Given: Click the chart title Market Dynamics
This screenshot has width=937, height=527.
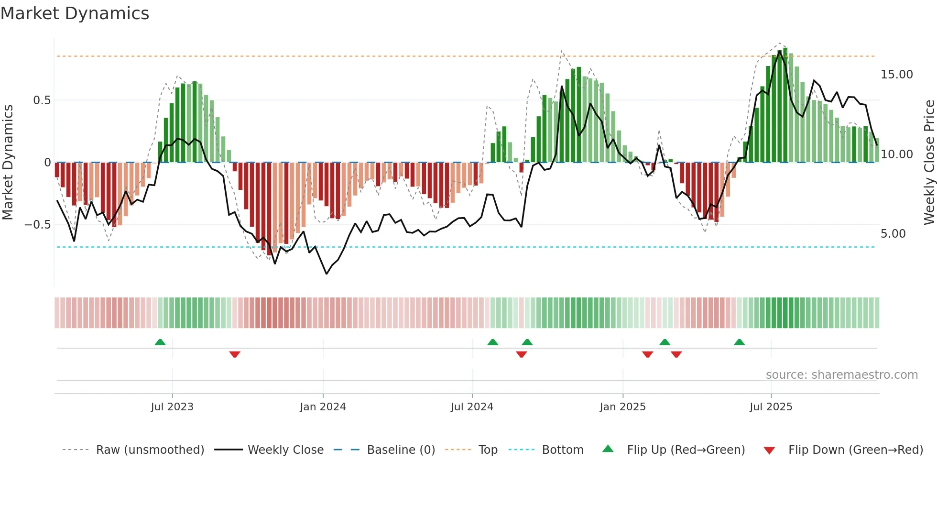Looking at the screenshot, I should tap(75, 13).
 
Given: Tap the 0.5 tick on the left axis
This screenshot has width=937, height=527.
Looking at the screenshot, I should tap(42, 100).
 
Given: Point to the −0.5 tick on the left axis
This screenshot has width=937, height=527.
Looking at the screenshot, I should tap(38, 225).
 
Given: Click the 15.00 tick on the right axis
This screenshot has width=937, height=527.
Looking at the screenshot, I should tap(896, 75).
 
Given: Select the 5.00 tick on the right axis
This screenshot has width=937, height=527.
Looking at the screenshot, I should tap(893, 234).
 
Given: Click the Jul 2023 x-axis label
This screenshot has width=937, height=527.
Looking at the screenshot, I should tap(172, 407).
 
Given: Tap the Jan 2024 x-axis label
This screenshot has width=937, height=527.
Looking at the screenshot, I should tap(323, 407).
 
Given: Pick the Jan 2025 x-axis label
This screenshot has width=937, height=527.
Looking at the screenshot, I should tap(622, 407).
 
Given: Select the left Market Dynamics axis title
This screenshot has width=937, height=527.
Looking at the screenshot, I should tap(8, 163).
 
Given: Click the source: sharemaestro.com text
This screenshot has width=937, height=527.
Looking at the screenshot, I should tap(841, 375).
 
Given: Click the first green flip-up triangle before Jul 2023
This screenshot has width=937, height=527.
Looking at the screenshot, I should tap(160, 342).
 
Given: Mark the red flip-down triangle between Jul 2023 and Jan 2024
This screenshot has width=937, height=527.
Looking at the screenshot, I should tap(235, 354).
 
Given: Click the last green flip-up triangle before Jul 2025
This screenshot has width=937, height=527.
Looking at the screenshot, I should tap(739, 342).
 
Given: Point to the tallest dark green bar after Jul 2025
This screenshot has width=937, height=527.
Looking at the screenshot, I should tap(785, 105).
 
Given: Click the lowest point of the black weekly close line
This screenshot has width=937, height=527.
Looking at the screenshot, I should tap(327, 274).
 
